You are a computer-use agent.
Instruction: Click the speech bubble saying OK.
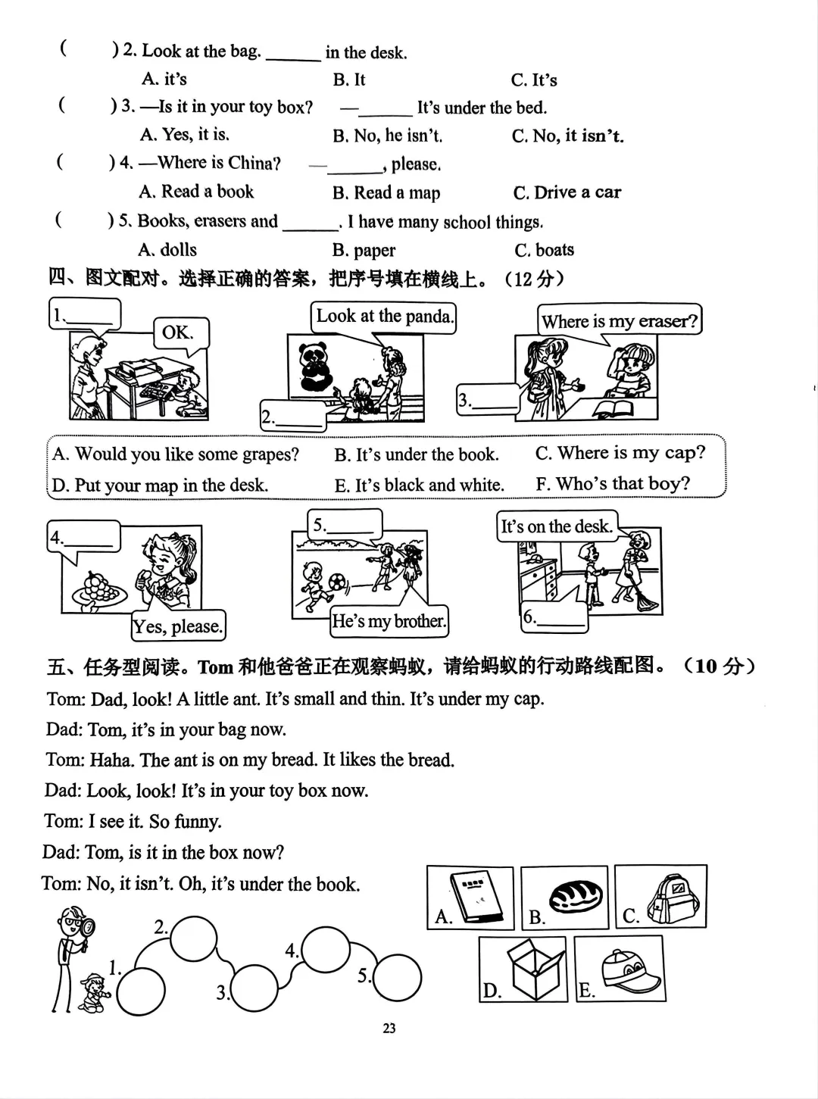(179, 333)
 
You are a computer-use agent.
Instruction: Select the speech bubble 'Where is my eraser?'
(619, 320)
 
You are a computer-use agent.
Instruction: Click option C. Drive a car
(567, 192)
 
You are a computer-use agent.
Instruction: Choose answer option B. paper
(364, 250)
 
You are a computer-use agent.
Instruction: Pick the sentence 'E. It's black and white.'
(419, 485)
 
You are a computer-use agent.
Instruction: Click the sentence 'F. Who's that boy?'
(613, 483)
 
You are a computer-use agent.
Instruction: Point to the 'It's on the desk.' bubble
(556, 526)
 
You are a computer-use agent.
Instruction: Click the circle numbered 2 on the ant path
(192, 938)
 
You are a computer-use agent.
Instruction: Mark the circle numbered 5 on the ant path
(396, 978)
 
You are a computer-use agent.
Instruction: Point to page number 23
(389, 1028)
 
